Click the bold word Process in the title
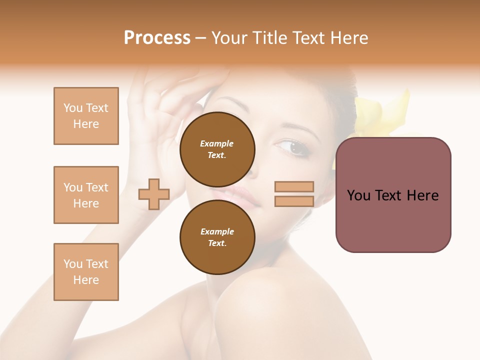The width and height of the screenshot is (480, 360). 157,38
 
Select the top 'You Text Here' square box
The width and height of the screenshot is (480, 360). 86,116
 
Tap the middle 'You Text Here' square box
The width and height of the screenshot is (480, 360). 86,195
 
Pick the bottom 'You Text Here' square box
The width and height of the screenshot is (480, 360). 86,272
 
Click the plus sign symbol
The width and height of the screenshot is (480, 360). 154,193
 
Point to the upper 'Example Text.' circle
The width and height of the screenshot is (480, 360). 217,149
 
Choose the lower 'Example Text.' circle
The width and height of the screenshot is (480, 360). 217,237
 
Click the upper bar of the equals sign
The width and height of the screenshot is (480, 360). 294,186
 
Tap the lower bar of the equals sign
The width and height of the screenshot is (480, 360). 294,201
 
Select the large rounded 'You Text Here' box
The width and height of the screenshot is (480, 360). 393,195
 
